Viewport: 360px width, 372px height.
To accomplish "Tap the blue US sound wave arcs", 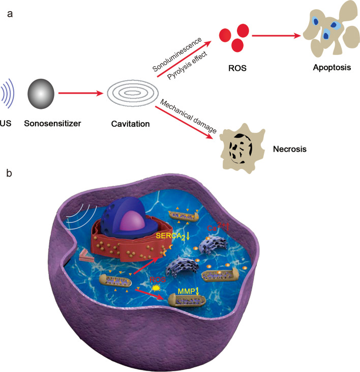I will click(x=10, y=94).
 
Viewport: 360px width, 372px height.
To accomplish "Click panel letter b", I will click(x=9, y=174).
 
